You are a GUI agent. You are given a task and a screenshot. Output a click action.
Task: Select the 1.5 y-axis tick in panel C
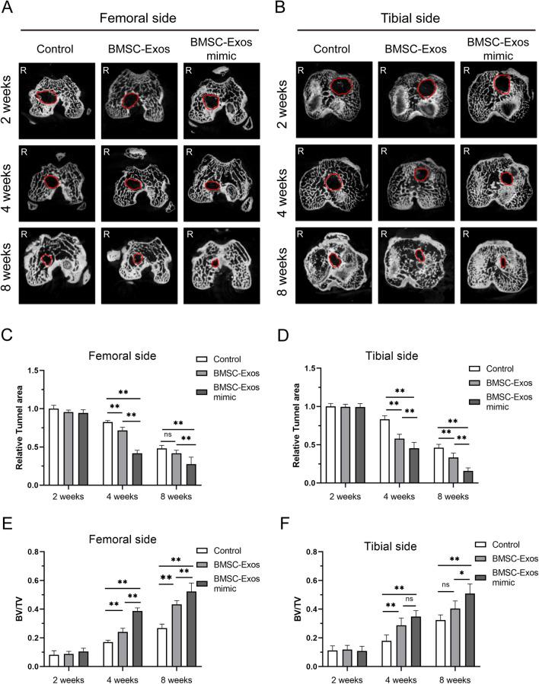[32, 370]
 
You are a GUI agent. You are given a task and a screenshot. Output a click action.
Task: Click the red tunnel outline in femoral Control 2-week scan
[47, 98]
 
